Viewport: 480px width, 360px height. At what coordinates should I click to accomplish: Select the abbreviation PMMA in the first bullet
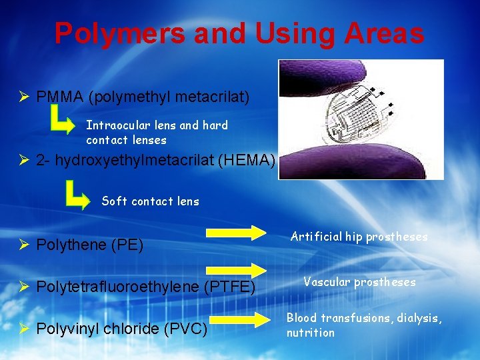pyautogui.click(x=59, y=97)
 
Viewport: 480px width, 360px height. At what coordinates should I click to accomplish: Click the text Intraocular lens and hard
pyautogui.click(x=157, y=125)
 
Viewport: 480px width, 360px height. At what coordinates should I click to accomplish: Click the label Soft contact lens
pyautogui.click(x=150, y=201)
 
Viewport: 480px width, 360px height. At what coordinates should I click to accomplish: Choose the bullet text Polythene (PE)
pyautogui.click(x=90, y=245)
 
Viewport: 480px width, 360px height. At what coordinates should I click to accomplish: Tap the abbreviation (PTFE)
pyautogui.click(x=230, y=287)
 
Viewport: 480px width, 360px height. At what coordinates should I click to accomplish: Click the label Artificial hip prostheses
pyautogui.click(x=359, y=236)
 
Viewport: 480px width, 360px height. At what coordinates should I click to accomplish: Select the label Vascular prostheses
pyautogui.click(x=359, y=282)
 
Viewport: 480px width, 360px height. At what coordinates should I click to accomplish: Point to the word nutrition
pyautogui.click(x=311, y=332)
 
